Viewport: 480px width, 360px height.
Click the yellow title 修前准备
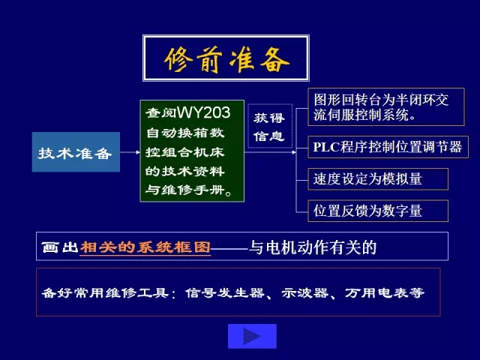[226, 59]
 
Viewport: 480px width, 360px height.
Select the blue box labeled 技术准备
[76, 151]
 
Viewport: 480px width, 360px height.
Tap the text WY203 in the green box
[203, 112]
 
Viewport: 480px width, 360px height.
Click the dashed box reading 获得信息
[270, 126]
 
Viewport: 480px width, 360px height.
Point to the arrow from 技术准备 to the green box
[130, 152]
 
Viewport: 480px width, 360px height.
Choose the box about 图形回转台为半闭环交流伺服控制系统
[386, 106]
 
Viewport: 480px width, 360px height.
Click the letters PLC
[326, 147]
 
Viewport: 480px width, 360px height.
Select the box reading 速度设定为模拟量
[378, 179]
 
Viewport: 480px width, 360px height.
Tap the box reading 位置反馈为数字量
[378, 211]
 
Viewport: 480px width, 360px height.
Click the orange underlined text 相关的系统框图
[145, 247]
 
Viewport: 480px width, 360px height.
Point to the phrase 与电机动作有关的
[312, 247]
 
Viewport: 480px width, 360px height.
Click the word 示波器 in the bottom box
[305, 293]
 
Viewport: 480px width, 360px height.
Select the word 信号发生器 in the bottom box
[224, 293]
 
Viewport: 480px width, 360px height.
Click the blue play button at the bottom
[252, 336]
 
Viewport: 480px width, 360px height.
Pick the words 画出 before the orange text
[60, 247]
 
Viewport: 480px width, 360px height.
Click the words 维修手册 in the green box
[193, 190]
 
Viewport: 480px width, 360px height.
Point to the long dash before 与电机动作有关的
[229, 248]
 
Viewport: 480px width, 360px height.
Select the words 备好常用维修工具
[105, 293]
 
